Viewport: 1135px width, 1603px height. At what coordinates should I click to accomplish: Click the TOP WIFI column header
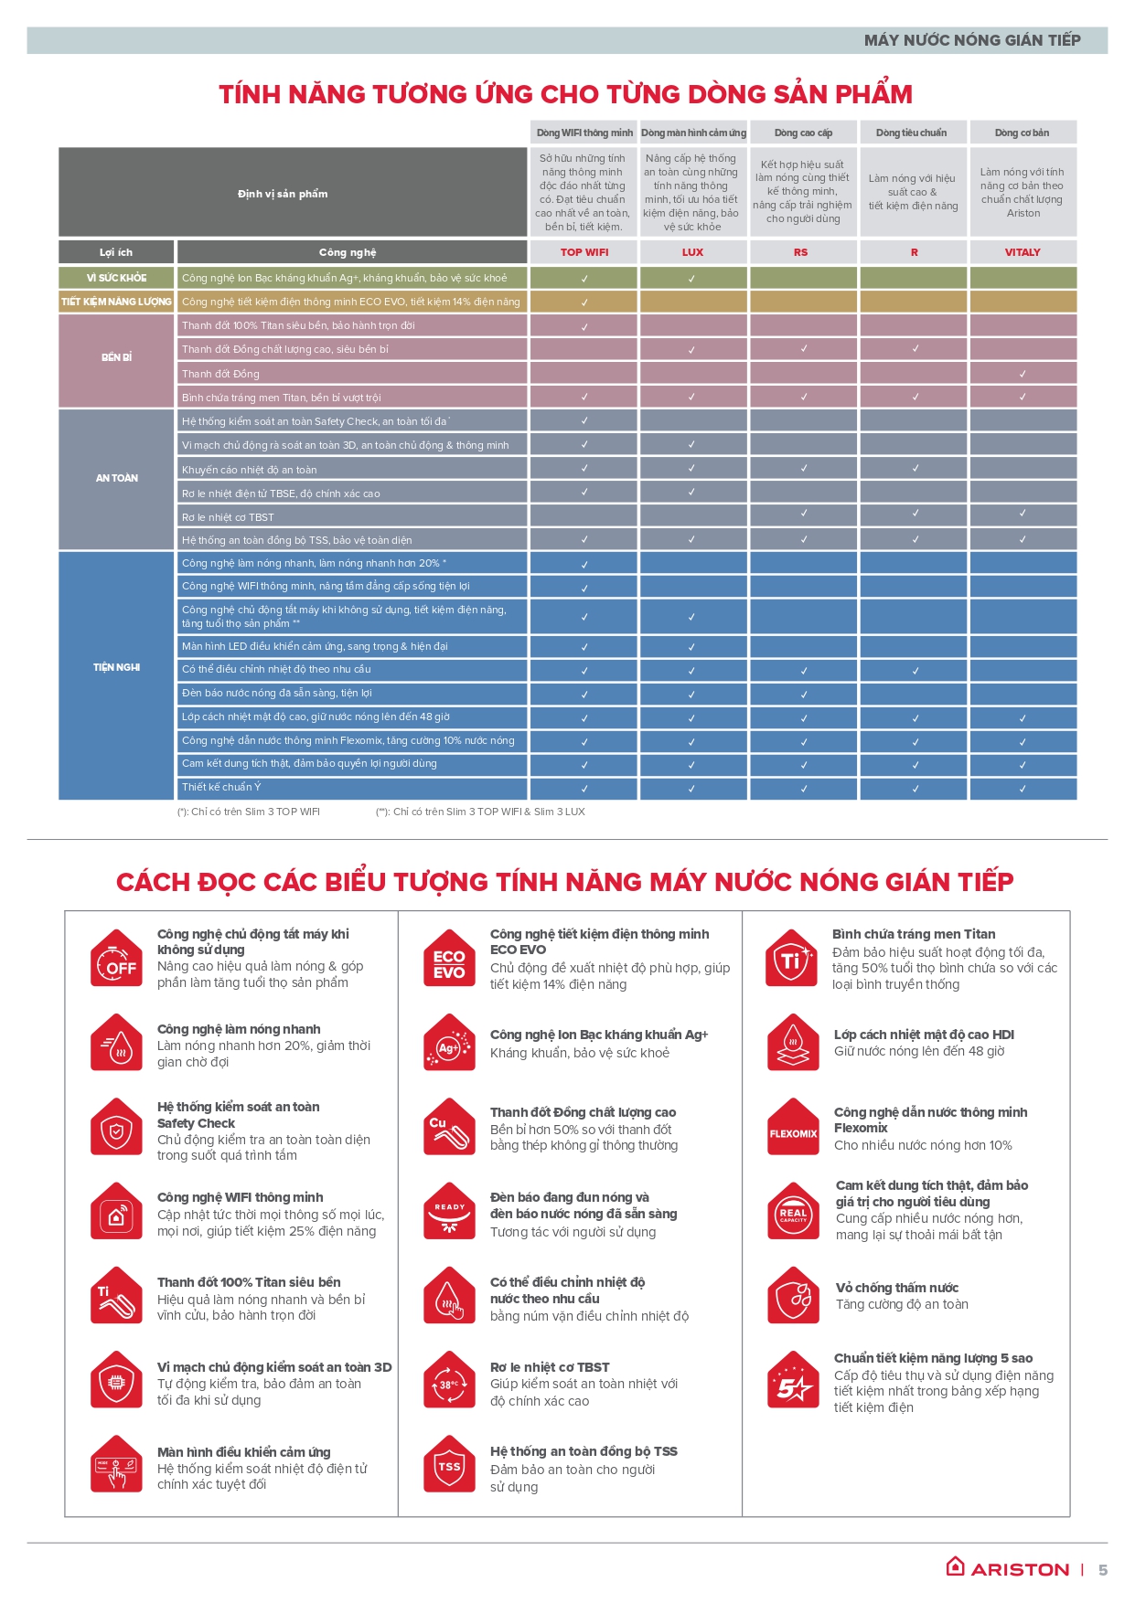[x=584, y=252]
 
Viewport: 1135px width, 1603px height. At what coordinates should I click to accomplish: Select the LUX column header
[x=692, y=252]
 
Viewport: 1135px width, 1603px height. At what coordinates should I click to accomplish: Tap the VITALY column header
[x=1023, y=252]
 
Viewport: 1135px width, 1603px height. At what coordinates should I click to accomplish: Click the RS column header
[x=801, y=252]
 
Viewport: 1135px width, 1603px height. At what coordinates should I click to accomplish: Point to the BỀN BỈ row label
[x=116, y=357]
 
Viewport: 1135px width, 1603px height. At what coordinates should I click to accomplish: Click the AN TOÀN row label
[x=116, y=478]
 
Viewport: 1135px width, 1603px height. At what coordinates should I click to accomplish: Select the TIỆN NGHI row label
[x=116, y=667]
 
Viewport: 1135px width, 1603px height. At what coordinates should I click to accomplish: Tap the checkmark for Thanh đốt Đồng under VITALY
[x=1023, y=374]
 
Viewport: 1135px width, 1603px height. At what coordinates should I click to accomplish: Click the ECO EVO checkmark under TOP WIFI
[x=584, y=303]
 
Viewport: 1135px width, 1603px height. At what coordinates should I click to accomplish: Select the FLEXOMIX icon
[x=793, y=1132]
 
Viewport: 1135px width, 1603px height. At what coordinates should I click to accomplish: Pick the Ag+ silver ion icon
[x=449, y=1045]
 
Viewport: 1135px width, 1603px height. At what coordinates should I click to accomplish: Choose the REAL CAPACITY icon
[x=793, y=1213]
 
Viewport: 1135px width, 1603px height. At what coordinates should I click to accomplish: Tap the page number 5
[x=1103, y=1570]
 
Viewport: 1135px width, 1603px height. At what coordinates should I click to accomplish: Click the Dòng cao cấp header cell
[x=803, y=133]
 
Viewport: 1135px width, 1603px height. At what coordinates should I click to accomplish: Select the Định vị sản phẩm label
[x=283, y=194]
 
